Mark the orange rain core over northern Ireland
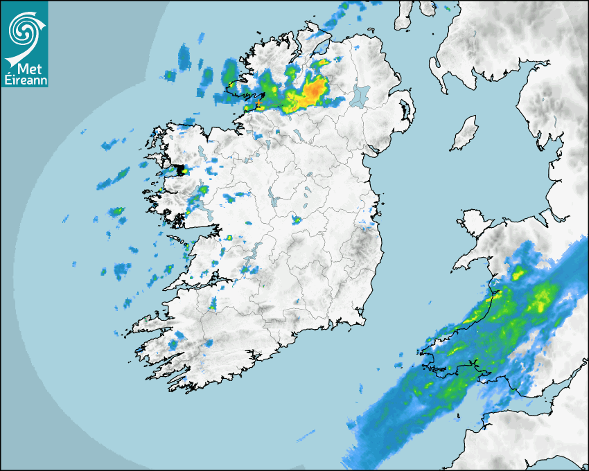pyautogui.click(x=315, y=90)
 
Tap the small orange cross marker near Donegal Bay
pyautogui.click(x=258, y=105)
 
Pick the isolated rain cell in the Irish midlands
pyautogui.click(x=296, y=220)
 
